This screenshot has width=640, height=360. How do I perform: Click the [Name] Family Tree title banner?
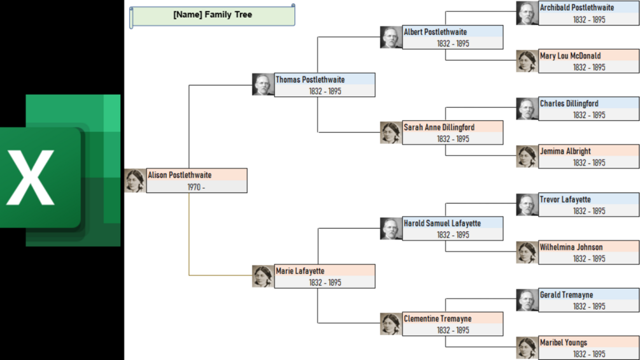pyautogui.click(x=213, y=15)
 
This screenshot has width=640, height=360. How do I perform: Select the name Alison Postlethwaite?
pyautogui.click(x=180, y=175)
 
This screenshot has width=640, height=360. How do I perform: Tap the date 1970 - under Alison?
pyautogui.click(x=196, y=187)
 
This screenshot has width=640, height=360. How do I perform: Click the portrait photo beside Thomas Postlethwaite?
pyautogui.click(x=262, y=85)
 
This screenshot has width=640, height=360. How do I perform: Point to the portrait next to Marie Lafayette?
pyautogui.click(x=262, y=277)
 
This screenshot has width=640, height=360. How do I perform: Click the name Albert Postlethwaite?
pyautogui.click(x=436, y=32)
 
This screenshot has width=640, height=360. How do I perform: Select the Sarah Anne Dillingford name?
pyautogui.click(x=439, y=127)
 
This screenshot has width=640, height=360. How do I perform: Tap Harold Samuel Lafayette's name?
pyautogui.click(x=443, y=224)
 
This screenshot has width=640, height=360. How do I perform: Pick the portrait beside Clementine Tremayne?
pyautogui.click(x=390, y=324)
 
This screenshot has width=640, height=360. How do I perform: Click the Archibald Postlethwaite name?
pyautogui.click(x=577, y=8)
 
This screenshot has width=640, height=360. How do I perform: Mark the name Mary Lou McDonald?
pyautogui.click(x=571, y=55)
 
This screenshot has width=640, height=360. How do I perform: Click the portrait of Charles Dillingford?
pyautogui.click(x=527, y=109)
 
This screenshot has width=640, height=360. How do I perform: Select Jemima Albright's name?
pyautogui.click(x=565, y=152)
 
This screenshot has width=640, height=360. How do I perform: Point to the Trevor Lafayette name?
pyautogui.click(x=565, y=199)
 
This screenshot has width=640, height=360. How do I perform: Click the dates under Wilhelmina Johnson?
pyautogui.click(x=588, y=259)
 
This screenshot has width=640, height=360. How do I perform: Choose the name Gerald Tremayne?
pyautogui.click(x=567, y=295)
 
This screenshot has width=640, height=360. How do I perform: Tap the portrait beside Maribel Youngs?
pyautogui.click(x=527, y=348)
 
